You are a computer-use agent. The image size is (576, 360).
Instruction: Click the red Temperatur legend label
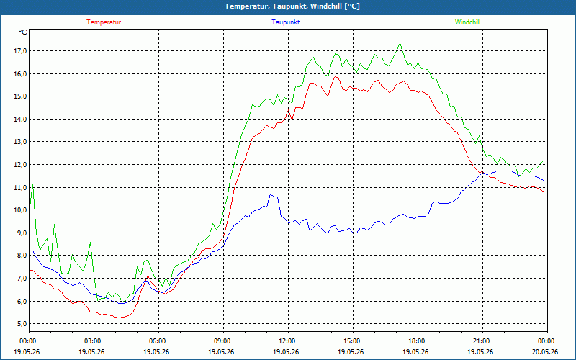pos(104,22)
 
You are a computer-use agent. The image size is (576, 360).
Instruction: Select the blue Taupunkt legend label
pos(285,22)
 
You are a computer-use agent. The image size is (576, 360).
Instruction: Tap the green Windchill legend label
pos(467,22)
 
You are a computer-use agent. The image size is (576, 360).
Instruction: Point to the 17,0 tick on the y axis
pos(21,50)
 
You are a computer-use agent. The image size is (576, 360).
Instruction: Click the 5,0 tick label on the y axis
pos(22,323)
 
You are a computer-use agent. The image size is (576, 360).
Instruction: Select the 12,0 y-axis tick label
pos(21,165)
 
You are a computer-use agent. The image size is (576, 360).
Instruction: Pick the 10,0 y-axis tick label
pos(21,210)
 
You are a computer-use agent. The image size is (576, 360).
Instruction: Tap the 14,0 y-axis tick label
pos(21,119)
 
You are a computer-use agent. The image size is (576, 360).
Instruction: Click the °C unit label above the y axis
pos(23,32)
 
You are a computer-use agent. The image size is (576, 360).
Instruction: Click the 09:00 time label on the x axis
pos(223,341)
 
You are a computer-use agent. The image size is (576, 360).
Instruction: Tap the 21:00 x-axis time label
pos(482,341)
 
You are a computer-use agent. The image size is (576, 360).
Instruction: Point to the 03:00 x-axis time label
pos(94,341)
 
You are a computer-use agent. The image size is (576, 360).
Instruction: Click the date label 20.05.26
pos(547,351)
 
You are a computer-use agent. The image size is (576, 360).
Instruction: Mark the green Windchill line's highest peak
pos(400,43)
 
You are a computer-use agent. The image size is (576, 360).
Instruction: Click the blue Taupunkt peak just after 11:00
pos(271,194)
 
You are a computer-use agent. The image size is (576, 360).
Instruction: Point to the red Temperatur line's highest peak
pos(335,76)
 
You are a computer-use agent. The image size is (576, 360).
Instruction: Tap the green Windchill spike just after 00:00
pos(33,184)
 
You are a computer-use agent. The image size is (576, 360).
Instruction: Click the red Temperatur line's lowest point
pos(119,318)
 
